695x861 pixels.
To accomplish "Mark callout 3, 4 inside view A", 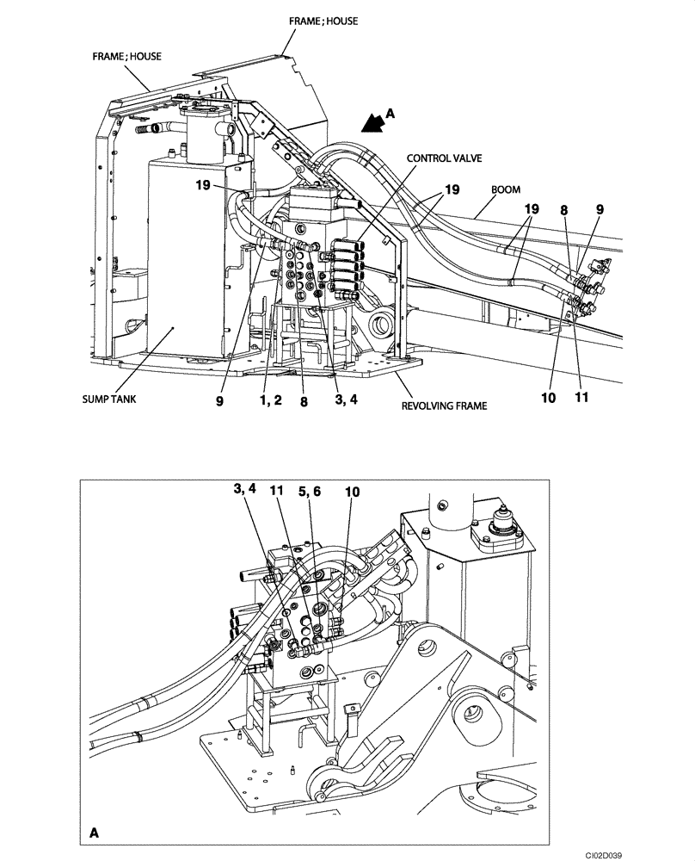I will coord(243,489).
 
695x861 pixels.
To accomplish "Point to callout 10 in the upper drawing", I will coord(549,398).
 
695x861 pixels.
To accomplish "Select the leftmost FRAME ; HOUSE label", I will coord(127,56).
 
